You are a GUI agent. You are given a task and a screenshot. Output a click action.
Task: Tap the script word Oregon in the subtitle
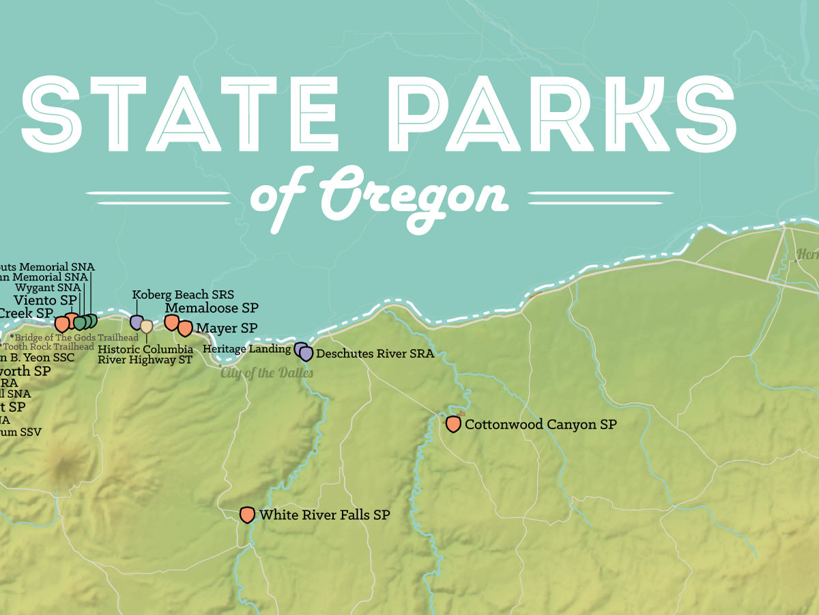[x=414, y=197]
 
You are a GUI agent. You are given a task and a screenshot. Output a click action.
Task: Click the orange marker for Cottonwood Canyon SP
[x=453, y=424]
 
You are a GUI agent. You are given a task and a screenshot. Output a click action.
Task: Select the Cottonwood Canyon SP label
[x=541, y=425]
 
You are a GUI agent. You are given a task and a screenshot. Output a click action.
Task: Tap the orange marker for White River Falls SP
[x=248, y=515]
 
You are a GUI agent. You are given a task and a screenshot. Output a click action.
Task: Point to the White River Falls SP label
[x=324, y=515]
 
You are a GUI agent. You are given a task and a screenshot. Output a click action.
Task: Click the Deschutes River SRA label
[x=375, y=354]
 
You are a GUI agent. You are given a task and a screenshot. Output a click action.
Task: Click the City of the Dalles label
[x=267, y=373]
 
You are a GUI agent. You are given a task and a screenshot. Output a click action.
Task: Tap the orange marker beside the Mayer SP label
[x=185, y=328]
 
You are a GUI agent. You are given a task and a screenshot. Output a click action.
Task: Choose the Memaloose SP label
[x=212, y=308]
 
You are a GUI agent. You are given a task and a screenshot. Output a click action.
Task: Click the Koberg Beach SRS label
[x=183, y=295]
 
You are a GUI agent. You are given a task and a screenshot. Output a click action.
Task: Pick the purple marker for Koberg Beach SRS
[x=136, y=321]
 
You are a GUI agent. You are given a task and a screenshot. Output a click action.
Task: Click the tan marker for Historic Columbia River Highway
[x=146, y=327]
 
